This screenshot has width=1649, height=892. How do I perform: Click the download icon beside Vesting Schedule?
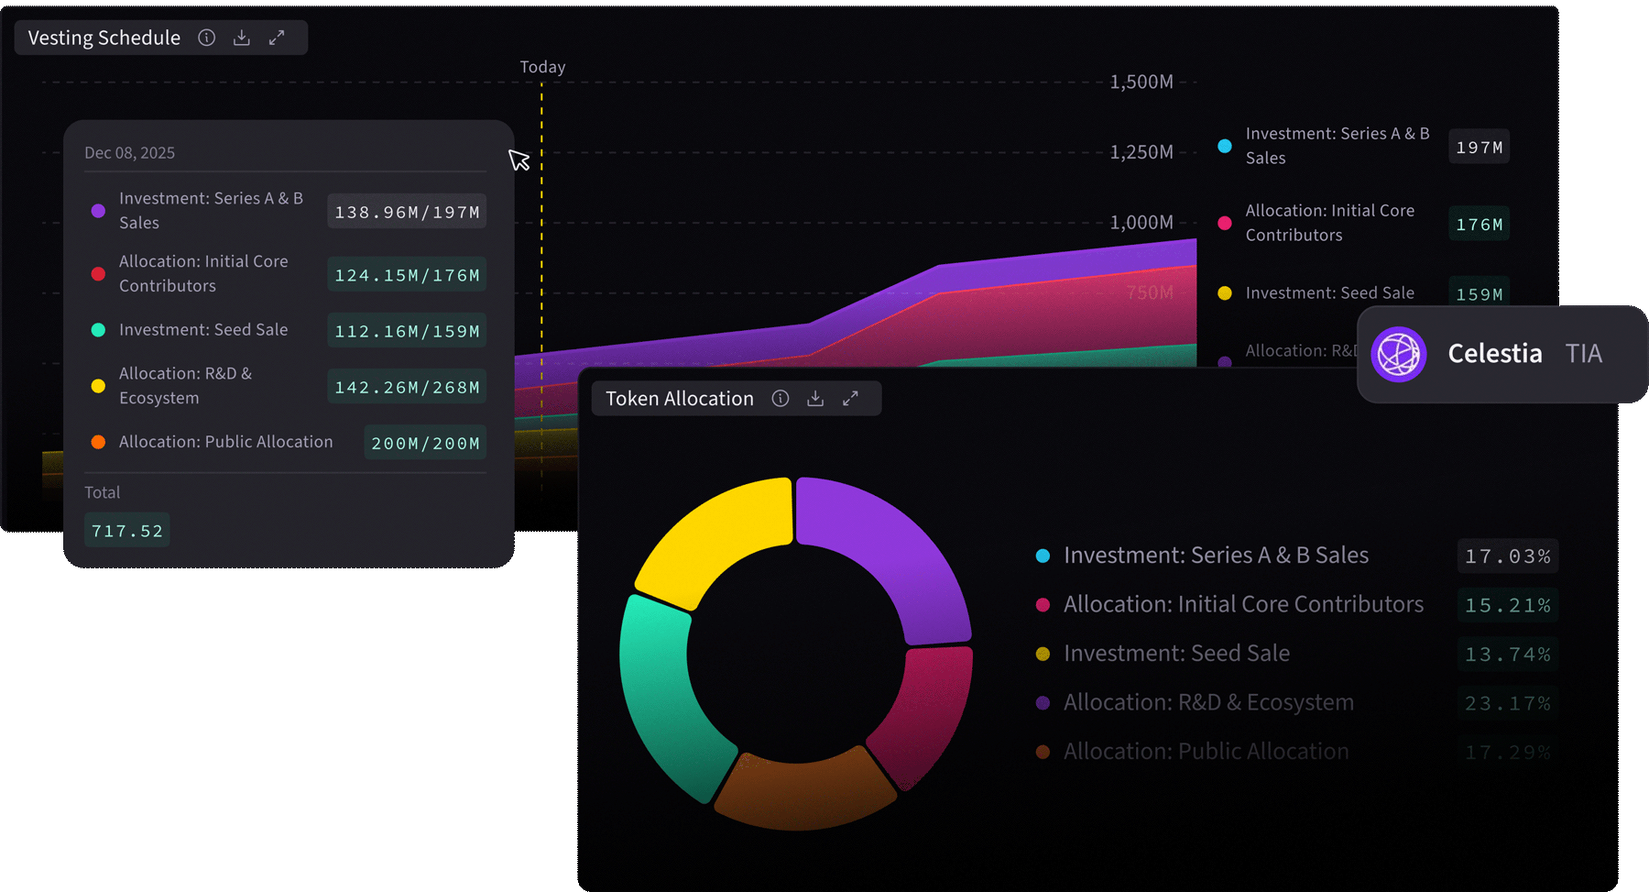pyautogui.click(x=242, y=38)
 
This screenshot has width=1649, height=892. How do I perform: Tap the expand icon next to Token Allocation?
pyautogui.click(x=850, y=398)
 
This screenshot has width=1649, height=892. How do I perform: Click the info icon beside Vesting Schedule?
pyautogui.click(x=207, y=38)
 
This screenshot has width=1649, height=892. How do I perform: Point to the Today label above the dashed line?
pyautogui.click(x=542, y=67)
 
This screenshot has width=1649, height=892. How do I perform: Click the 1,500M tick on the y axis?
pyautogui.click(x=1141, y=82)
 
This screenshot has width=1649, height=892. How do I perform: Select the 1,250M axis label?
pyautogui.click(x=1141, y=152)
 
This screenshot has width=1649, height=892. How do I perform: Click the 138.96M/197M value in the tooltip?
pyautogui.click(x=407, y=212)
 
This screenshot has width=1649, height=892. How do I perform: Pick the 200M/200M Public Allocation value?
pyautogui.click(x=425, y=443)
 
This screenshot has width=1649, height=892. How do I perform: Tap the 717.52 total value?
pyautogui.click(x=126, y=531)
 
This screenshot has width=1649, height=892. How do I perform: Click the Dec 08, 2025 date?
pyautogui.click(x=129, y=153)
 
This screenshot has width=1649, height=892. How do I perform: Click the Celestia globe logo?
pyautogui.click(x=1399, y=354)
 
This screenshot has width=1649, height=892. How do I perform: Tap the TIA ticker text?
pyautogui.click(x=1583, y=354)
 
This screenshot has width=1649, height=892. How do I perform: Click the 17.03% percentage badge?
pyautogui.click(x=1507, y=556)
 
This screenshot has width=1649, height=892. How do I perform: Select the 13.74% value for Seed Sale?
pyautogui.click(x=1507, y=655)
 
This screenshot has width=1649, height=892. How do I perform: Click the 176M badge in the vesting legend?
pyautogui.click(x=1479, y=224)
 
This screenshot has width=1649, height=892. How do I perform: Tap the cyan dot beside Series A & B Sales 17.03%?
pyautogui.click(x=1043, y=556)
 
